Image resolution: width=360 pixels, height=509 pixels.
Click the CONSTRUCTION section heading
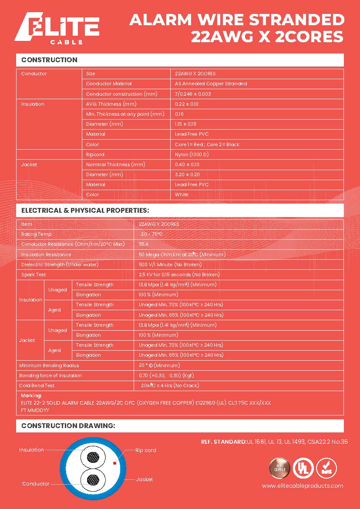coord(49,60)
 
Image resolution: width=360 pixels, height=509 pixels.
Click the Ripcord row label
coord(95,154)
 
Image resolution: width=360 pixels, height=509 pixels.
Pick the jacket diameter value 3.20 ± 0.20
coord(187,174)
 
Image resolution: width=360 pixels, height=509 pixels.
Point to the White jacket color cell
coord(182,194)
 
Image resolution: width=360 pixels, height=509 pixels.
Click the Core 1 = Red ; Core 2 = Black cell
coord(207,144)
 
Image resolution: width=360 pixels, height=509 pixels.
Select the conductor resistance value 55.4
coord(144,244)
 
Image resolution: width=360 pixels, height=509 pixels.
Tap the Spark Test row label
coord(34,275)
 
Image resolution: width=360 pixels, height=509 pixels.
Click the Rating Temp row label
coord(36,234)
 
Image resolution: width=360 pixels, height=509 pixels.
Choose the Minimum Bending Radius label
coord(49,365)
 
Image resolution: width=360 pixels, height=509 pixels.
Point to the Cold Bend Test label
coord(37,385)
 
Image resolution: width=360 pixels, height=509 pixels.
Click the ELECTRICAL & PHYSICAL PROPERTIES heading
coord(85,211)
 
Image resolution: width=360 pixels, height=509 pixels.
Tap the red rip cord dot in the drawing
coord(114,463)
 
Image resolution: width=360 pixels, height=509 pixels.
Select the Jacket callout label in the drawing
coord(145,479)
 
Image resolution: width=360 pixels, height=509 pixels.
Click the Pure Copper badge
coord(279,468)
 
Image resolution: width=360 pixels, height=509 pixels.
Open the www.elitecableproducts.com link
coord(303,486)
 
